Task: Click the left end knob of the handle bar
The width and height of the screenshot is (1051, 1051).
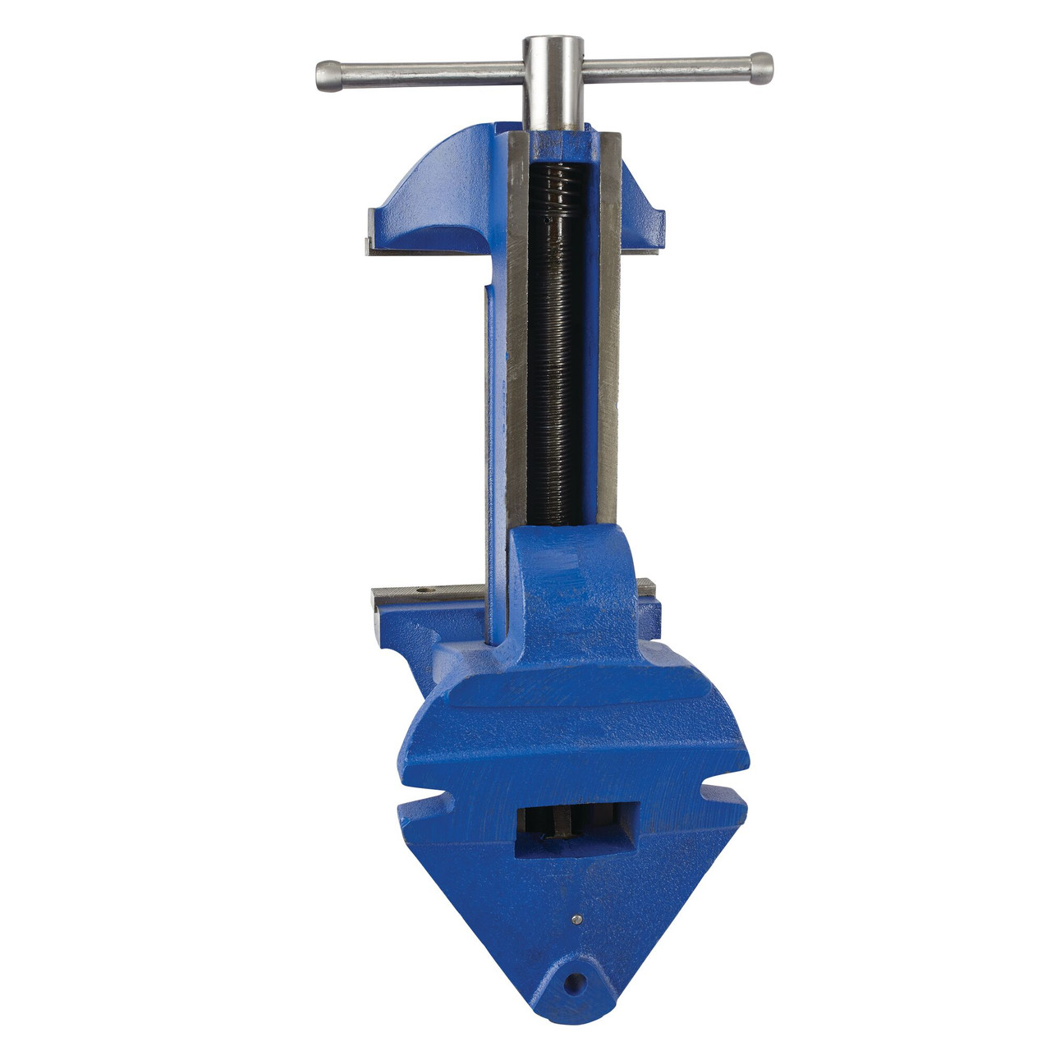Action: [x=327, y=76]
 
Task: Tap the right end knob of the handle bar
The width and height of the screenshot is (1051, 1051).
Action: [x=761, y=68]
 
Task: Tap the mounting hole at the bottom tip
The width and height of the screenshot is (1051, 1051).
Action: [x=578, y=981]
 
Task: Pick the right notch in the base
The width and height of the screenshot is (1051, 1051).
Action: [x=723, y=790]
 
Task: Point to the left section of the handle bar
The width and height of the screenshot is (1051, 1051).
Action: [x=427, y=74]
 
